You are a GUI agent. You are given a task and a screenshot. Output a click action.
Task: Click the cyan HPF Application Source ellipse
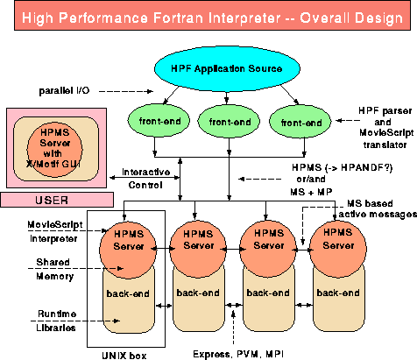tap(227, 69)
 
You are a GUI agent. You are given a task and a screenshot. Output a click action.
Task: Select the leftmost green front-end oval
tap(159, 121)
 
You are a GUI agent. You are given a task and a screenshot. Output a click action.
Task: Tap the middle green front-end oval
tap(229, 121)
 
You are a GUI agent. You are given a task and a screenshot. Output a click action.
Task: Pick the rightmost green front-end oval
tap(300, 123)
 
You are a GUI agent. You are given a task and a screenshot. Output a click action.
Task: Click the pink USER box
tap(57, 200)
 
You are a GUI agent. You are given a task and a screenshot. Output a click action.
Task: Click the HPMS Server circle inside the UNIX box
tap(128, 250)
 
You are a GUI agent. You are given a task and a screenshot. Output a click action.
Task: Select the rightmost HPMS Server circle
tap(338, 249)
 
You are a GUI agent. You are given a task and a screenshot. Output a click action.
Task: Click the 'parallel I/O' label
tap(64, 91)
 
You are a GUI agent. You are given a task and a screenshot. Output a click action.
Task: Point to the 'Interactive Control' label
tap(145, 179)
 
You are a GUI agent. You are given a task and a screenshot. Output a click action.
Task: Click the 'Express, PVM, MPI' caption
tap(238, 354)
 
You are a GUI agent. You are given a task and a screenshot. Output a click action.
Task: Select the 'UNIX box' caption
tap(124, 356)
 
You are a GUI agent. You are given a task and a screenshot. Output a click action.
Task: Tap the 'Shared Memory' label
tap(54, 269)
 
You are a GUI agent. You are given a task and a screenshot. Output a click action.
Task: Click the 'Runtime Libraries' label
tap(56, 321)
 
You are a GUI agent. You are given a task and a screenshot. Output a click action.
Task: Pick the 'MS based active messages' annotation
tap(378, 208)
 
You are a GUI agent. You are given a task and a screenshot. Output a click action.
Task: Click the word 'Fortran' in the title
tap(178, 18)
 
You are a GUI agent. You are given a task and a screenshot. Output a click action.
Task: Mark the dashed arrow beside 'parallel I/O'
tap(126, 91)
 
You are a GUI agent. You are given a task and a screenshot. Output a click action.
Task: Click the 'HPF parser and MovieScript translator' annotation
tap(385, 128)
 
